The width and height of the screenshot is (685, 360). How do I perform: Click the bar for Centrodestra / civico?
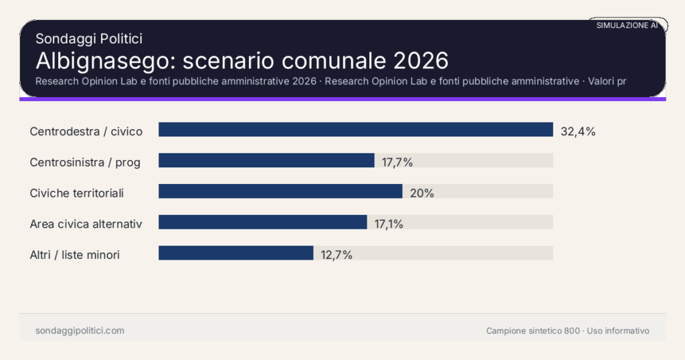coord(355,130)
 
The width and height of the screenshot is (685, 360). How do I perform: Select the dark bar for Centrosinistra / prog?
coord(266,161)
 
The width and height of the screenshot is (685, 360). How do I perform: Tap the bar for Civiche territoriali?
coord(280,191)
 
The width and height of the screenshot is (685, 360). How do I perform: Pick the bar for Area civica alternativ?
coord(262,222)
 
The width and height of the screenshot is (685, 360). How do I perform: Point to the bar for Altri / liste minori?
coord(235,253)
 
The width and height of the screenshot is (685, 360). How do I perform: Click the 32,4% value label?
coord(578,132)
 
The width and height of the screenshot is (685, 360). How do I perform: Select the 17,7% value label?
coord(397,163)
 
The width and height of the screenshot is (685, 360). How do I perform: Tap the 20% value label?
coord(422,193)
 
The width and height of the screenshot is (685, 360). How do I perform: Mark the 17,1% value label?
coord(389,224)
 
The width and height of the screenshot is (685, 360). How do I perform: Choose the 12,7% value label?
coord(336,255)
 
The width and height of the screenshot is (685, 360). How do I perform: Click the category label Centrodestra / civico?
coord(86,132)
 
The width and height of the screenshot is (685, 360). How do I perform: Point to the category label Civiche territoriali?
coord(77,193)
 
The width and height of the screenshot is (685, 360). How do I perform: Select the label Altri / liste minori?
coord(75,255)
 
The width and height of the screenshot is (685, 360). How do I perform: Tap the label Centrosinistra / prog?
coord(85,163)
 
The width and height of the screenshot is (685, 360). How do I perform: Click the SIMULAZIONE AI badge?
coord(627,25)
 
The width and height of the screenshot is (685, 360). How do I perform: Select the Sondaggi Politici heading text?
coord(89,39)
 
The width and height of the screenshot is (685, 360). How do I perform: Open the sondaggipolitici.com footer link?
coord(80,331)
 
